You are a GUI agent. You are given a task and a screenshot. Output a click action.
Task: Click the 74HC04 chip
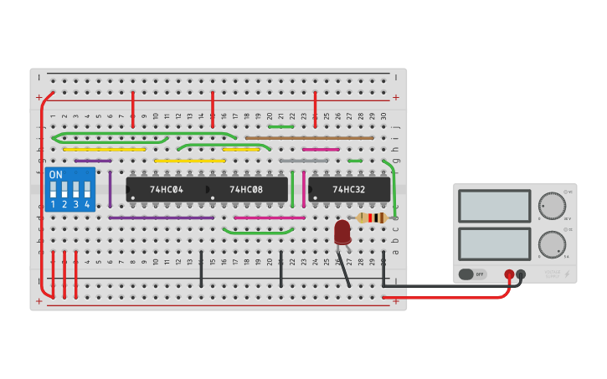pos(167,189)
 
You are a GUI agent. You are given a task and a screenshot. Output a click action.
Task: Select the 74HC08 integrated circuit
pos(246,189)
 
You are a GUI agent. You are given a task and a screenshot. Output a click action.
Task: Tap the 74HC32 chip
pos(348,189)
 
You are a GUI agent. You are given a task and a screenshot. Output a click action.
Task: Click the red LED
pos(342,232)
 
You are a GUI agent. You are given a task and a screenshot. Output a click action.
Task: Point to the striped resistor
pos(371,218)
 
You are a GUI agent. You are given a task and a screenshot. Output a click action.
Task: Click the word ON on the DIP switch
pos(55,175)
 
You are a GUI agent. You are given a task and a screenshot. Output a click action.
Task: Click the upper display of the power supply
pos(494,206)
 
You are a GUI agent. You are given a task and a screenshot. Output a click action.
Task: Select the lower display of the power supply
pos(494,243)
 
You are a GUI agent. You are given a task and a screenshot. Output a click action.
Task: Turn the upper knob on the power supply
pos(552,205)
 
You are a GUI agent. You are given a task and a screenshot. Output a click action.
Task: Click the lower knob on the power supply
pos(552,243)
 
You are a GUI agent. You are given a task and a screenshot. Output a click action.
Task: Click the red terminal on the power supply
pos(508,274)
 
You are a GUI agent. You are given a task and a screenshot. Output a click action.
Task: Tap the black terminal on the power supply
pos(521,274)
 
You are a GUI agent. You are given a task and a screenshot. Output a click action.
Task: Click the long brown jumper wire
pos(309,137)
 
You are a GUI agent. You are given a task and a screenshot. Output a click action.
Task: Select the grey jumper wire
pos(303,160)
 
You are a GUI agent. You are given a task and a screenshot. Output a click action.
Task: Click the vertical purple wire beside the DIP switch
pos(110,189)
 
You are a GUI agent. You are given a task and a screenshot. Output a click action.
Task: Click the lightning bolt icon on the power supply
pos(567,274)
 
